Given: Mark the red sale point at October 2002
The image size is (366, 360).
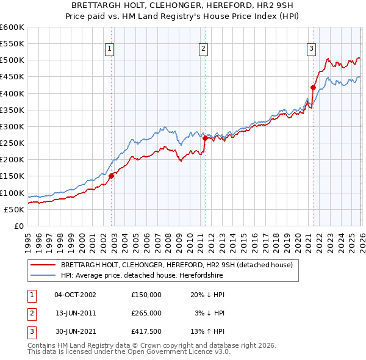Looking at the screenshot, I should pos(112,176).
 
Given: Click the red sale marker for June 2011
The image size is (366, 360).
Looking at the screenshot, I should pos(205,138).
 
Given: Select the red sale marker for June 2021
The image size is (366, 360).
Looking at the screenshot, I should pos(313,87).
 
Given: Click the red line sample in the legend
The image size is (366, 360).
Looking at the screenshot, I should pos(43,265).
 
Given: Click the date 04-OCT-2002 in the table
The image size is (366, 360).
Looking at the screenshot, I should pos(75,294).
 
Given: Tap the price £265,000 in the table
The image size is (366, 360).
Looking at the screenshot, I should pos(146,312).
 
